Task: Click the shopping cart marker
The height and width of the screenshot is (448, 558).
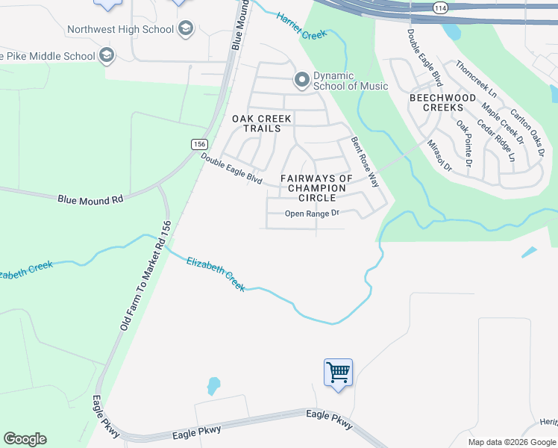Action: pos(338,371)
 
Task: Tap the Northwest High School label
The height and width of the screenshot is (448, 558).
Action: pos(120,30)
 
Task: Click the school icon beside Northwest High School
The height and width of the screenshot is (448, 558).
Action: pos(186,30)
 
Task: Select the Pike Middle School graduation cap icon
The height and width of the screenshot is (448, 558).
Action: pos(107,55)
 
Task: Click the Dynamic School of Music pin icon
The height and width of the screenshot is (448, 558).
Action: pos(302,78)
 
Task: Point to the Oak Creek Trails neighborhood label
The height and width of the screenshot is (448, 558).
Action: pos(257,123)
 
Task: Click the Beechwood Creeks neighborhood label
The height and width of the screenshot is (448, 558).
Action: pos(443,102)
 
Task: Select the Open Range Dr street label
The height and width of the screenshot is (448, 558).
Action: pos(312,214)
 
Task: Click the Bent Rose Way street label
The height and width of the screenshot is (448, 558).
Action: pos(366,161)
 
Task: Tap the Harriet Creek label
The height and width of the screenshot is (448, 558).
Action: pos(301,27)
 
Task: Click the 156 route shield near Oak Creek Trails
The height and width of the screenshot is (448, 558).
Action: pos(198,144)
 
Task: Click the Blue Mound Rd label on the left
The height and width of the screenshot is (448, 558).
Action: pos(90,199)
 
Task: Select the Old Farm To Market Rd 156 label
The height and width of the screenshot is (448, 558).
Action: pos(145,276)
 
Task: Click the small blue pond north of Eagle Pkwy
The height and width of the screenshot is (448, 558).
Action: pos(213,385)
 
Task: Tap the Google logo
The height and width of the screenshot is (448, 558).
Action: pos(25,439)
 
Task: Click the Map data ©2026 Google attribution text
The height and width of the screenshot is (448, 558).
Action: pos(512,442)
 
